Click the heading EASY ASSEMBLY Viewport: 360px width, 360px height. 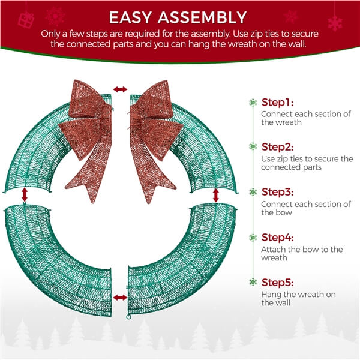pos(178,17)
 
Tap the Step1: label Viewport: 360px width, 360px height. pos(277,103)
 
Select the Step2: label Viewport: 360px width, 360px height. pos(277,147)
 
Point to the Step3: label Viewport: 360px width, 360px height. pos(277,192)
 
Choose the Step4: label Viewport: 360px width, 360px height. pos(277,238)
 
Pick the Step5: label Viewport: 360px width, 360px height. pos(277,283)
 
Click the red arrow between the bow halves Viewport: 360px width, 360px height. pos(121,89)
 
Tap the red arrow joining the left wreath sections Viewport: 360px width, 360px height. pos(25,195)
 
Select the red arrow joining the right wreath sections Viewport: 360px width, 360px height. pos(215,195)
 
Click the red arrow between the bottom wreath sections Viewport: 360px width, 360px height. pos(120,298)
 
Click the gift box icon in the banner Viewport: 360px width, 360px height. pos(26,20)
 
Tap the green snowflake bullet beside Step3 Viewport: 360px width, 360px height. pos(253,192)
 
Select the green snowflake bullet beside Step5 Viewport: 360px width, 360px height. pos(253,283)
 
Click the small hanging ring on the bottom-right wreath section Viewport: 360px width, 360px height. pos(128,317)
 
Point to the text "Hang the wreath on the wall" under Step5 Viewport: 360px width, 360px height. pos(298,298)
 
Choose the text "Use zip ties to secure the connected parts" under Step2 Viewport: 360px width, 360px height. pos(307,163)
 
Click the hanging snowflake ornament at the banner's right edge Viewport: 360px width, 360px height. pos(335,23)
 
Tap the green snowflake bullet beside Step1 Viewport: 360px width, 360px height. pos(253,103)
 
